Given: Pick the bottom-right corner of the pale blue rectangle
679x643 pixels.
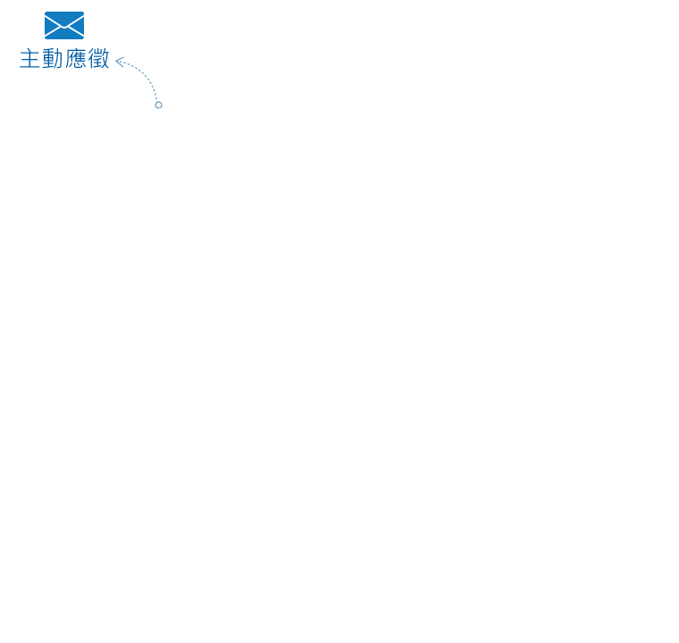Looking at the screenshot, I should pos(162,108).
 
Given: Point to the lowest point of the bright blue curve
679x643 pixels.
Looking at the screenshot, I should pos(63,43).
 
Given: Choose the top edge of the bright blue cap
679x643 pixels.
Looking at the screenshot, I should pos(63,12).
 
